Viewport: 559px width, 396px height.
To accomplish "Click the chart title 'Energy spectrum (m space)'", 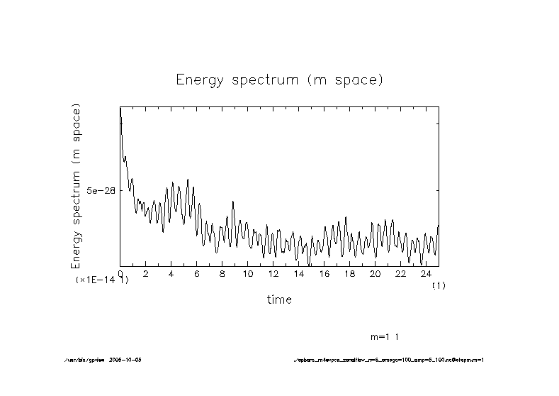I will [x=279, y=80].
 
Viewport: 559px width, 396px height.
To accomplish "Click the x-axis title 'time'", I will [x=279, y=300].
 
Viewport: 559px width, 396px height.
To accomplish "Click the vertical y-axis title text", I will [x=76, y=186].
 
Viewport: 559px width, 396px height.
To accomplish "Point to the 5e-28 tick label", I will [x=101, y=191].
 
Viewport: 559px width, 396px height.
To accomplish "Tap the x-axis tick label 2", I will [x=146, y=274].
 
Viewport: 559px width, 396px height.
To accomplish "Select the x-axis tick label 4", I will [x=171, y=274].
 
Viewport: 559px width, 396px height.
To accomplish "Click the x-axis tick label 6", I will [x=197, y=274].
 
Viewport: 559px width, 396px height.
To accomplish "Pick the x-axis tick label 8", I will [x=222, y=274].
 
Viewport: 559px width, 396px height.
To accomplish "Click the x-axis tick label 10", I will [x=247, y=274].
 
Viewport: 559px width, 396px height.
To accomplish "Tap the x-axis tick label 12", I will [x=273, y=274].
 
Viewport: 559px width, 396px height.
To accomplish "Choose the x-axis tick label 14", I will [x=298, y=274].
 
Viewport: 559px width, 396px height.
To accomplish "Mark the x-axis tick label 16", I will [x=324, y=274].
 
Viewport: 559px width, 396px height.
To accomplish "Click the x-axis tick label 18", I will [x=349, y=274].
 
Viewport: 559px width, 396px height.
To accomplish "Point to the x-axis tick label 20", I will [x=375, y=274].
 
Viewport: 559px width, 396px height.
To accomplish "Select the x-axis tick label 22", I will [x=400, y=274].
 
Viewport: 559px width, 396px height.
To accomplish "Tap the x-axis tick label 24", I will [x=426, y=274].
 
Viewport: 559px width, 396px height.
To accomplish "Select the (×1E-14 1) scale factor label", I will [x=102, y=281].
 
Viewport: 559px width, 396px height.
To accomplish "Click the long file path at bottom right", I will [x=388, y=360].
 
